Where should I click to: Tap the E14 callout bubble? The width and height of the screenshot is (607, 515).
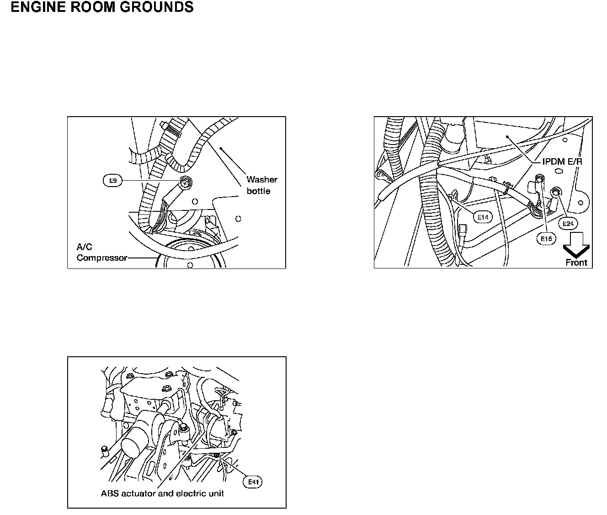(x=483, y=217)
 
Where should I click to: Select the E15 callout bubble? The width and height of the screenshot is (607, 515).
(x=546, y=238)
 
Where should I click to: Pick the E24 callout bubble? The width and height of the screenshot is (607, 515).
(x=568, y=224)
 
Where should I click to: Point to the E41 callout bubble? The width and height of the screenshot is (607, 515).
(x=253, y=482)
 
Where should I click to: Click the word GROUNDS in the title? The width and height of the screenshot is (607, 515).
(x=157, y=8)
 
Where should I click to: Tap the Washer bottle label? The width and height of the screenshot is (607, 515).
(x=261, y=185)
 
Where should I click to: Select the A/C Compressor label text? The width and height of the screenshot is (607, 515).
(x=101, y=252)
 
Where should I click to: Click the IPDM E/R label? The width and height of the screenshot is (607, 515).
(x=562, y=162)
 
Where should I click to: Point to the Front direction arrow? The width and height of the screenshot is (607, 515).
(x=576, y=245)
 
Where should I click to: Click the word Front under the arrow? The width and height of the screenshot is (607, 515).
(x=576, y=263)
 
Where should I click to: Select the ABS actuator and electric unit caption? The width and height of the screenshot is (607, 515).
(x=162, y=494)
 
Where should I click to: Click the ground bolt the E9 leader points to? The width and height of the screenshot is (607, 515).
(x=186, y=182)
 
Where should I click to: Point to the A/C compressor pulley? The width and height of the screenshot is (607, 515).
(x=192, y=256)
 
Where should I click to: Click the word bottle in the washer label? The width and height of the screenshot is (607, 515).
(x=258, y=191)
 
